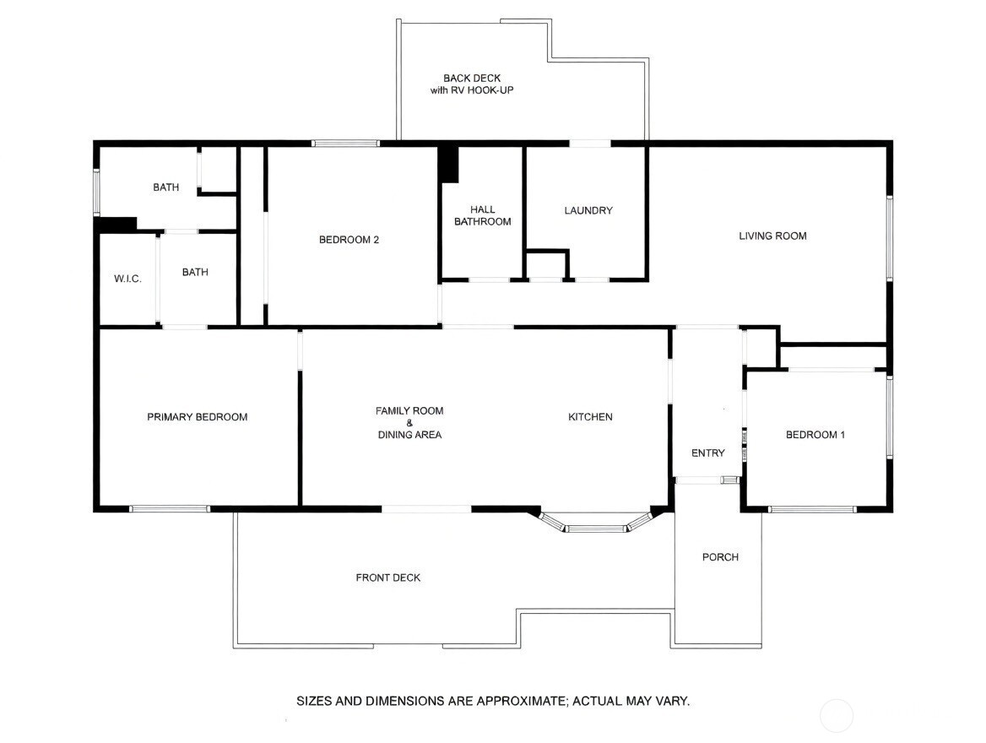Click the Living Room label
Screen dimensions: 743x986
tap(772, 236)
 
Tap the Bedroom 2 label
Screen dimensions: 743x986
tap(349, 240)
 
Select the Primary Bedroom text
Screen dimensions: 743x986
tap(197, 417)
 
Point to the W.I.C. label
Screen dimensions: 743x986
tap(127, 279)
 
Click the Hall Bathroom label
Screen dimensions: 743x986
tap(482, 215)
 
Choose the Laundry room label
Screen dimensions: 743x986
tap(588, 210)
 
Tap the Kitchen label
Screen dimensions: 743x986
tap(590, 417)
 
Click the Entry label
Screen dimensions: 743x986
tap(707, 453)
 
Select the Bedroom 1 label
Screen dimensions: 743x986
tap(815, 435)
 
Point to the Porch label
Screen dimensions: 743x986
tap(720, 557)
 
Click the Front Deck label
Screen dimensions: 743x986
tap(387, 578)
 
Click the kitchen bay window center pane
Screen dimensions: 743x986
tap(596, 529)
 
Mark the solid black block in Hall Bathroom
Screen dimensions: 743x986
tap(448, 165)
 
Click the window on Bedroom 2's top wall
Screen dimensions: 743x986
tap(345, 144)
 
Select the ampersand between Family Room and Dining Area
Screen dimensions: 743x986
tap(409, 423)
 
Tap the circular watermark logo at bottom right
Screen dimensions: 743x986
tap(836, 716)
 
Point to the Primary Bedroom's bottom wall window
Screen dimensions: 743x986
tap(170, 509)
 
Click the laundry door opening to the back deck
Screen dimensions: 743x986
tap(589, 144)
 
